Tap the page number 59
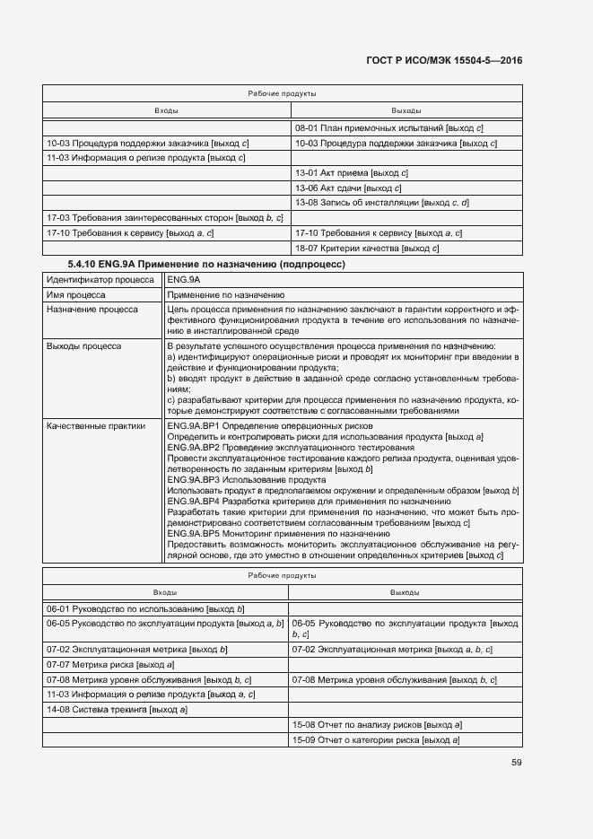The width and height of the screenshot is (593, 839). click(517, 763)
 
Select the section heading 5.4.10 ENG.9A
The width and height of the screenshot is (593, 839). click(206, 265)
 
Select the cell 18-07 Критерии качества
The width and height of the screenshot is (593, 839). click(367, 247)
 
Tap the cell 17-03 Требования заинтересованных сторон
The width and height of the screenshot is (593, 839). click(164, 217)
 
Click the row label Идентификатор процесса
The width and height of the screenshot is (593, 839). click(100, 280)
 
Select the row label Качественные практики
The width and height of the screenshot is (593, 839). click(96, 426)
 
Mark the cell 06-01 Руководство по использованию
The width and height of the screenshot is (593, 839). click(145, 608)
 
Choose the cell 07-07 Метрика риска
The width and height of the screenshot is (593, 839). click(109, 664)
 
